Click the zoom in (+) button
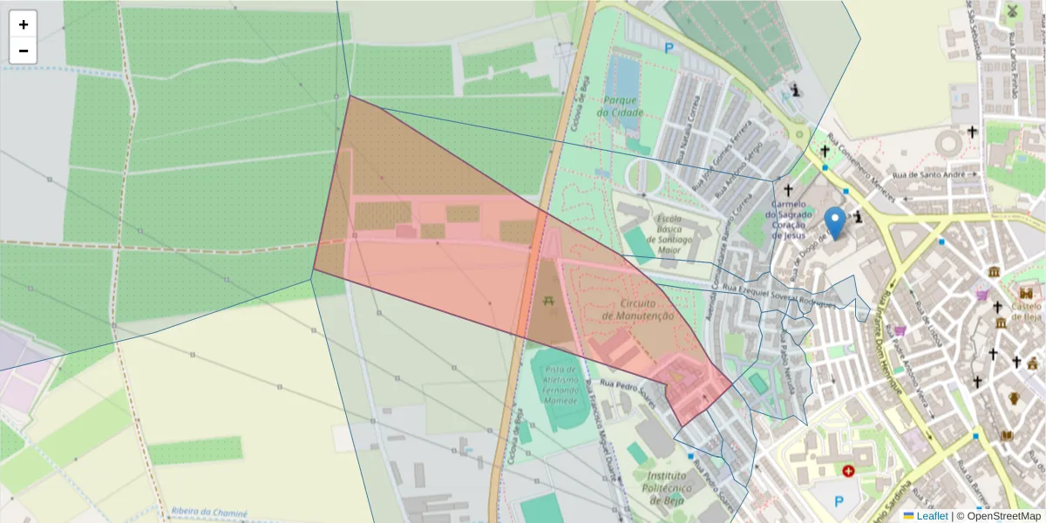point(24,24)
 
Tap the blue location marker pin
point(835,223)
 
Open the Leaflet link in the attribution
point(932,516)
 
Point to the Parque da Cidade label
point(621,106)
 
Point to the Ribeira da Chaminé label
point(210,513)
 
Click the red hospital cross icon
point(848,471)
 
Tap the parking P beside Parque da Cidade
point(669,49)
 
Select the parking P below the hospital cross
point(839,501)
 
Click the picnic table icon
point(548,302)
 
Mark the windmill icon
point(1012,11)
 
